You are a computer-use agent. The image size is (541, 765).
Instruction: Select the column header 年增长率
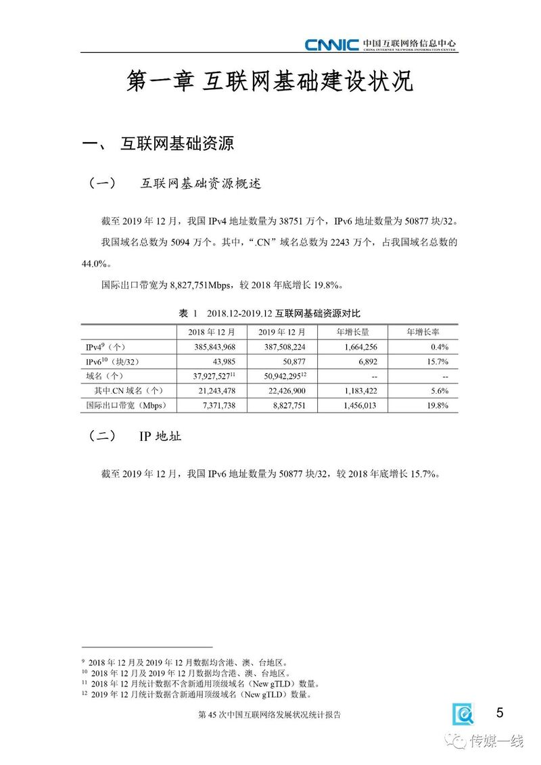point(423,332)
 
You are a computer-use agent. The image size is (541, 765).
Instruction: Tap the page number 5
point(500,712)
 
